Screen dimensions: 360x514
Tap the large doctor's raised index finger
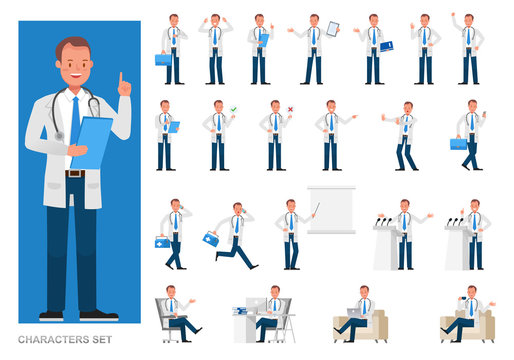[x=122, y=77]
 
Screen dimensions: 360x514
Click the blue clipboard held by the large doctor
[x=92, y=140]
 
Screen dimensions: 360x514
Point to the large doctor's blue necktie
[x=75, y=119]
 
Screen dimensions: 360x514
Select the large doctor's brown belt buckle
[x=70, y=174]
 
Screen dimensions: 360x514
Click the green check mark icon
[x=233, y=108]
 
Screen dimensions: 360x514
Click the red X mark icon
[x=290, y=109]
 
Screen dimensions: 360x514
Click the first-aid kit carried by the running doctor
[x=211, y=239]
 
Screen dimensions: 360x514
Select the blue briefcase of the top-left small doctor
[x=162, y=59]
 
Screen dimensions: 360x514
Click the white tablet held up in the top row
[x=332, y=29]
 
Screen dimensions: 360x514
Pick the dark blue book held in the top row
[x=386, y=46]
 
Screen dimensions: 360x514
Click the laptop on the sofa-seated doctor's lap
[x=355, y=313]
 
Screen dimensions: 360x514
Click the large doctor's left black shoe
[x=51, y=315]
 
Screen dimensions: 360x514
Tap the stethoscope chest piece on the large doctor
[x=59, y=136]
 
